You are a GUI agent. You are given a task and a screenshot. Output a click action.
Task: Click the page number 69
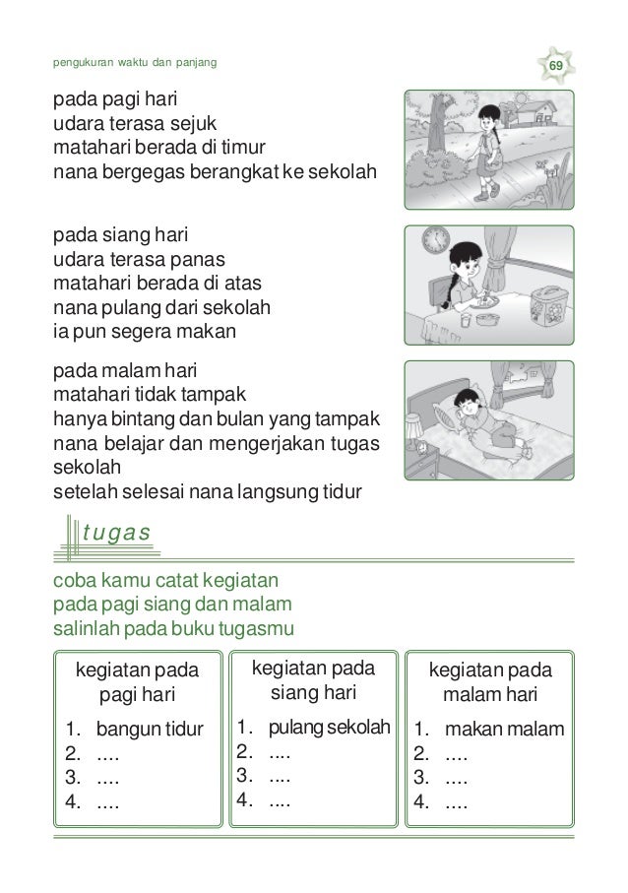click(x=556, y=65)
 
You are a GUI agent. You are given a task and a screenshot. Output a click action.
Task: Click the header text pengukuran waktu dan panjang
click(x=134, y=65)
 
